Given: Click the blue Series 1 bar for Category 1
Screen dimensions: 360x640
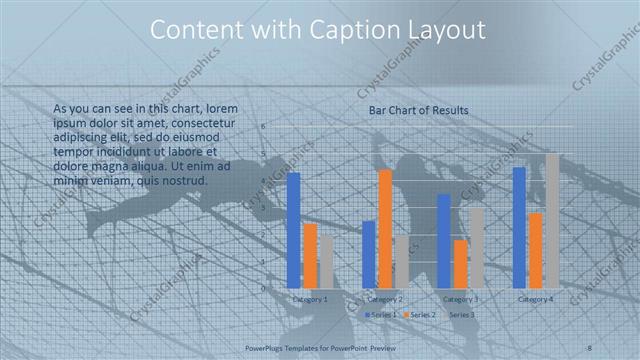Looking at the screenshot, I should [293, 230].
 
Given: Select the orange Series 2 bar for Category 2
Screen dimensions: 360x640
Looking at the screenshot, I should [385, 229].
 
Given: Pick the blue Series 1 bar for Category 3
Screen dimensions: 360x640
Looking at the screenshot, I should [444, 241].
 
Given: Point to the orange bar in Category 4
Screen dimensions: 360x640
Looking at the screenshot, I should [536, 250].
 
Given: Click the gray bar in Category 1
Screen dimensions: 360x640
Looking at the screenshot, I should [326, 261].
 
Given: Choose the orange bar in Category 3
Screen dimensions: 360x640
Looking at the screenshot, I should [460, 264].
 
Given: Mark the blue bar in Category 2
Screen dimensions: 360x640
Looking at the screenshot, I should [369, 254].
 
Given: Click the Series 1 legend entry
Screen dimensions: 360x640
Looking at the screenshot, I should [381, 314].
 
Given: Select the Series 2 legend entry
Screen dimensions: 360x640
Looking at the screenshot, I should [420, 314].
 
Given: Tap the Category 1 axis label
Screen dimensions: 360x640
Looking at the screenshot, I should [310, 299].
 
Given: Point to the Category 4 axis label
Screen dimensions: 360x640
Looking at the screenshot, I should [536, 299].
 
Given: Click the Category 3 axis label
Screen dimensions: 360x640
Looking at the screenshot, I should [461, 299].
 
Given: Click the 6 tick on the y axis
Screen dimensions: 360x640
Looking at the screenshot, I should [263, 127].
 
